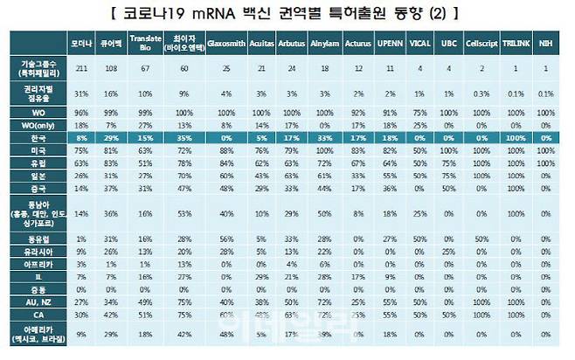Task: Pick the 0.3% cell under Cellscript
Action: (x=481, y=93)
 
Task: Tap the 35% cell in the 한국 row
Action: (x=184, y=138)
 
